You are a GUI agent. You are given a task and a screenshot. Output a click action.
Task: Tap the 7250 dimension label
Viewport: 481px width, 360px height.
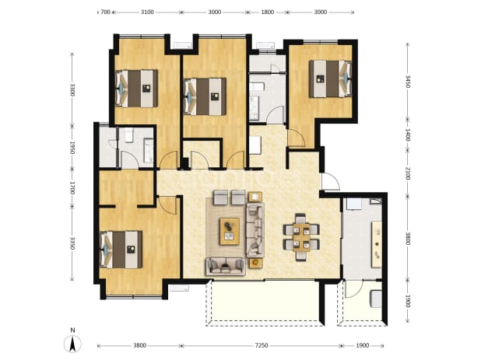coord(262,345)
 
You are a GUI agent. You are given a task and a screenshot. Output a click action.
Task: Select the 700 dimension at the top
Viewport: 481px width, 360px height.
coord(105,12)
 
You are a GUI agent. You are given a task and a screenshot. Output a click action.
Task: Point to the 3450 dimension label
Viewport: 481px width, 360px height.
coord(407,82)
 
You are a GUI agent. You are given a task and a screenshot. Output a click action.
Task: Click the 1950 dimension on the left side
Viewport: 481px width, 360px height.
coord(72,148)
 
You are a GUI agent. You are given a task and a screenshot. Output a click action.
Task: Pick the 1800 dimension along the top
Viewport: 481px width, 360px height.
coord(267,12)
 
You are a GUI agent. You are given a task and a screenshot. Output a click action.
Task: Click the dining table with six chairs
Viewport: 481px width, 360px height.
coord(301,237)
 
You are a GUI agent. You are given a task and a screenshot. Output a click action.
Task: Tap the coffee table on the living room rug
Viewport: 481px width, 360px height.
coord(230,232)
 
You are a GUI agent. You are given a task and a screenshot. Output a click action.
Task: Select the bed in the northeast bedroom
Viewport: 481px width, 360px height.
coord(330,79)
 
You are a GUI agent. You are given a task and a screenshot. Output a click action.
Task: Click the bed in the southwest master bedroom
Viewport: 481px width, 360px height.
coord(121,250)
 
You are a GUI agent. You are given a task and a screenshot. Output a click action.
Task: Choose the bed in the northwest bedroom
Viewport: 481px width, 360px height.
coord(136,89)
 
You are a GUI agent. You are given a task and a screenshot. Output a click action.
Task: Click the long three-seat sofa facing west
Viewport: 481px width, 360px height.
coord(255,230)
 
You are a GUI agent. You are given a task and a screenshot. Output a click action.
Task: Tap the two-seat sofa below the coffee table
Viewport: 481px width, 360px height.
coord(226,266)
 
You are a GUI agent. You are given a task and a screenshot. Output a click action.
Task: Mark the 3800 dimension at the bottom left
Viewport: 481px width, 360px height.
coord(139,345)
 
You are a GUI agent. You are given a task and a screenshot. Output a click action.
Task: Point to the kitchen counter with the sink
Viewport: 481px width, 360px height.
coord(377,244)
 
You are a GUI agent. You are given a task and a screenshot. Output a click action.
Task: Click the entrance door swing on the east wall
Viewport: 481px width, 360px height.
coord(330,182)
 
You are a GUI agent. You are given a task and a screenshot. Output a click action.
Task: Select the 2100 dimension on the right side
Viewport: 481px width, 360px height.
coord(407,173)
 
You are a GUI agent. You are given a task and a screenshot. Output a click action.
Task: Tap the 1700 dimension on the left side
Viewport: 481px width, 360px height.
coord(72,187)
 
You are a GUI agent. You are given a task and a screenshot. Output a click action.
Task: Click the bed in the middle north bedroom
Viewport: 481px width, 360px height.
coord(205,96)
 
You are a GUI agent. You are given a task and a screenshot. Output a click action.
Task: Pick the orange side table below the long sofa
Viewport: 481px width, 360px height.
coord(255,263)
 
